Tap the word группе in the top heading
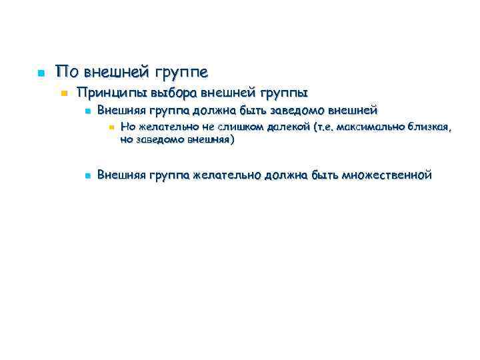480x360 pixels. tap(181, 71)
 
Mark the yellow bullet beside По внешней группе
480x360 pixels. tap(40, 72)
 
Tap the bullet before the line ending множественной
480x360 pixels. tap(87, 175)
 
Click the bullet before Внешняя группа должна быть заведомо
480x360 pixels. tap(87, 111)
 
